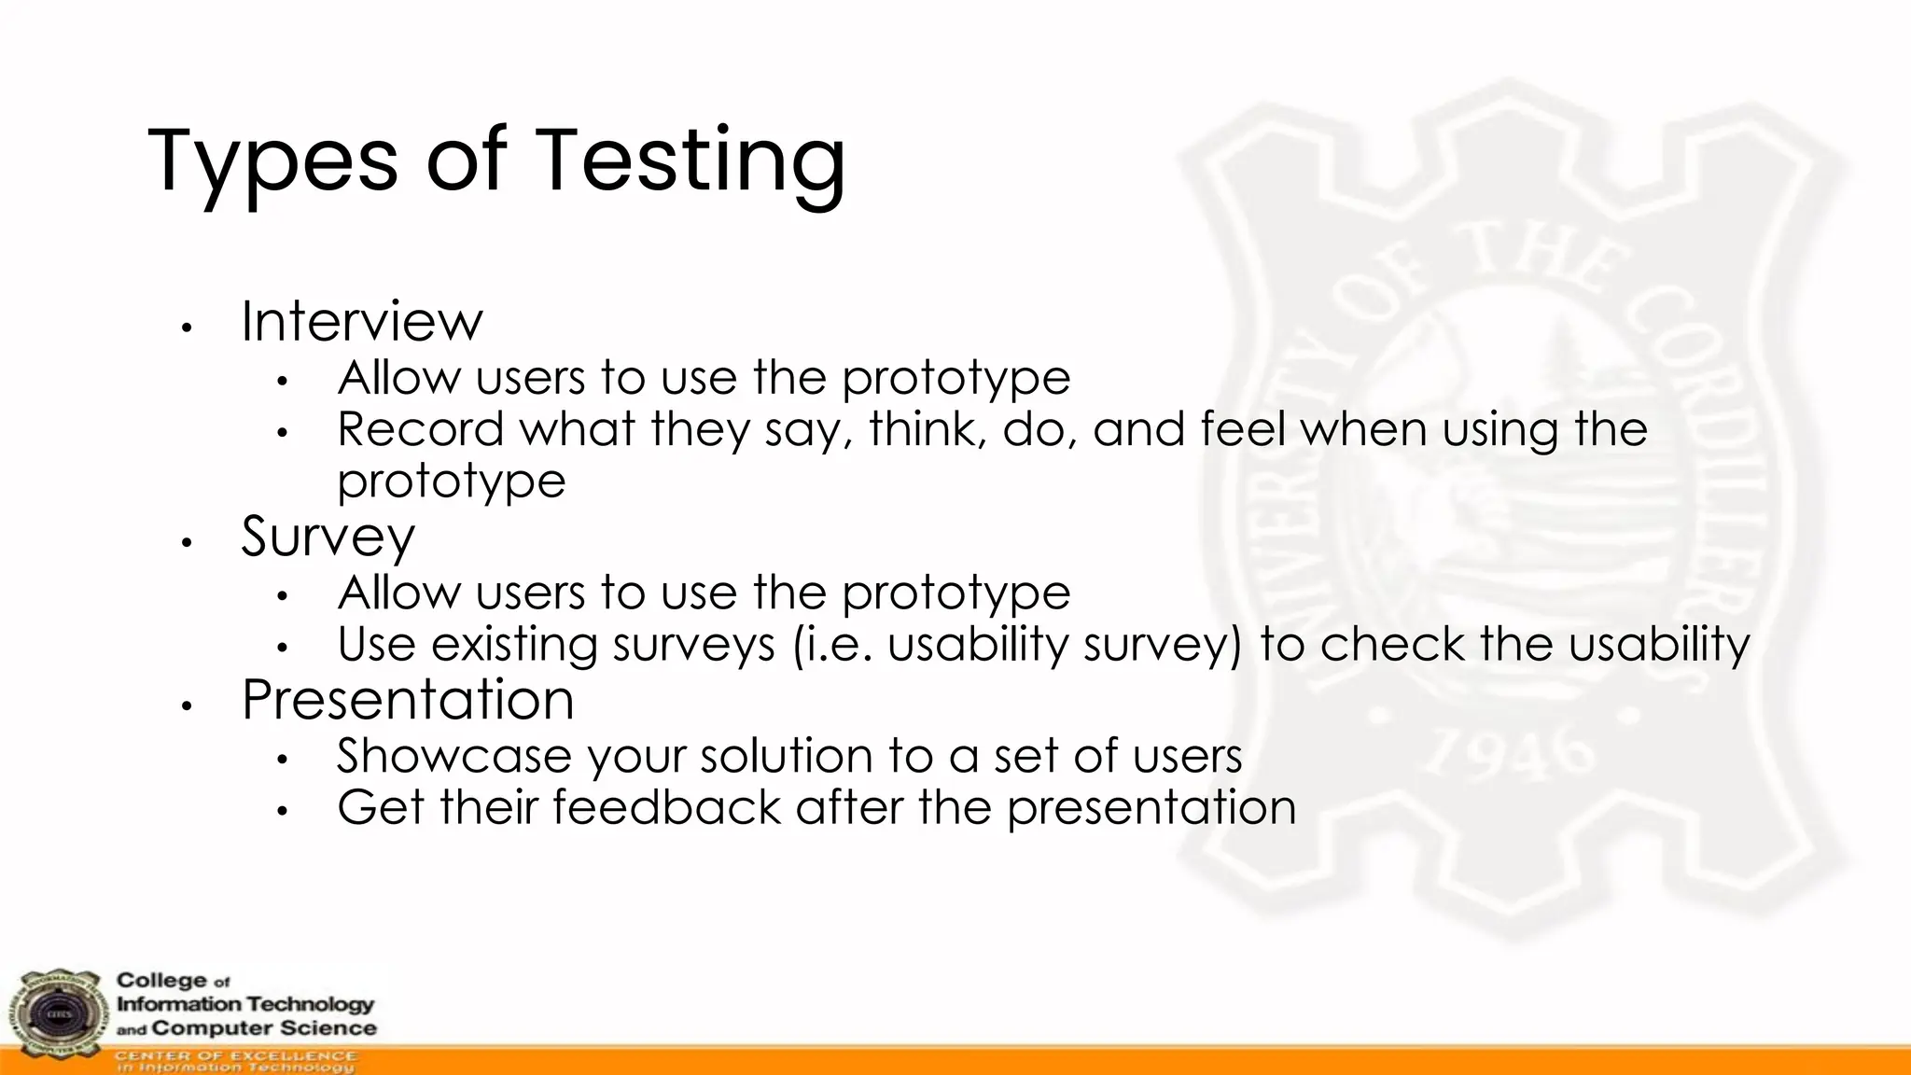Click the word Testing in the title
click(x=690, y=161)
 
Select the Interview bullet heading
click(x=362, y=321)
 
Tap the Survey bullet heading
click(x=328, y=537)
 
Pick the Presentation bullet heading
click(x=408, y=699)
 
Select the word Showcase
click(x=453, y=755)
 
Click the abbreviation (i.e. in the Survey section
click(x=833, y=645)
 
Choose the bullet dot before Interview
click(x=187, y=328)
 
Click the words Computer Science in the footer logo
click(x=263, y=1028)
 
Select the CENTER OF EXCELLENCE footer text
click(x=235, y=1055)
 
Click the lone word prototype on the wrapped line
click(x=452, y=482)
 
